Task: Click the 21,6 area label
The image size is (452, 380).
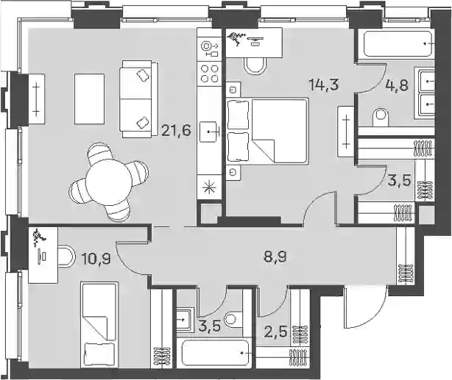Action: (176, 132)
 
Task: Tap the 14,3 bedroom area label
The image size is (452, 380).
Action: (323, 85)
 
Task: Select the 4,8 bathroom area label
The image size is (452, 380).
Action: (398, 85)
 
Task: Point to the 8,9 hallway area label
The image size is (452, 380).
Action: (275, 257)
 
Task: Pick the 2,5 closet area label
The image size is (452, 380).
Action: (277, 332)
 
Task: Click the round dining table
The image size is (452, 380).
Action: (109, 182)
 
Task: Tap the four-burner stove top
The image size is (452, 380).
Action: (210, 74)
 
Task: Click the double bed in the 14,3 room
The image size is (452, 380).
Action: (267, 131)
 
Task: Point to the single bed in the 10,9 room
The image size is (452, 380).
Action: (99, 324)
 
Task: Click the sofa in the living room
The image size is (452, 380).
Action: (140, 99)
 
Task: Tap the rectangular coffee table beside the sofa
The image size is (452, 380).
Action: (89, 98)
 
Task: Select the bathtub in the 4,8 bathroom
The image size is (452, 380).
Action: (398, 43)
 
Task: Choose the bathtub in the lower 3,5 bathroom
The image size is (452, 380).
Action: (215, 353)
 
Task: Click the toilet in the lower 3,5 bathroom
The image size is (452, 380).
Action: (234, 319)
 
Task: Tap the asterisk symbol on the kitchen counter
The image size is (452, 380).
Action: (210, 187)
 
